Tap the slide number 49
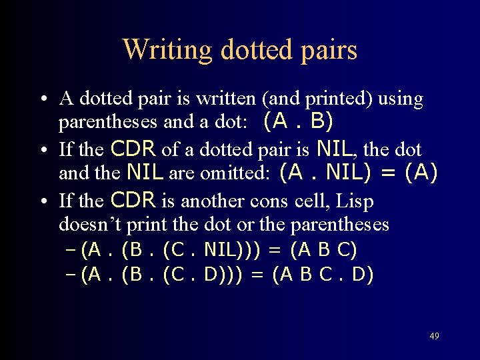pyautogui.click(x=434, y=336)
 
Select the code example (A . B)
pyautogui.click(x=299, y=122)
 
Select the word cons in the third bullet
pyautogui.click(x=265, y=201)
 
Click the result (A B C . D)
pyautogui.click(x=323, y=275)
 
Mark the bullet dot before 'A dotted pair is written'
pyautogui.click(x=42, y=100)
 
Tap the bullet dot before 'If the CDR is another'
pyautogui.click(x=42, y=201)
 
